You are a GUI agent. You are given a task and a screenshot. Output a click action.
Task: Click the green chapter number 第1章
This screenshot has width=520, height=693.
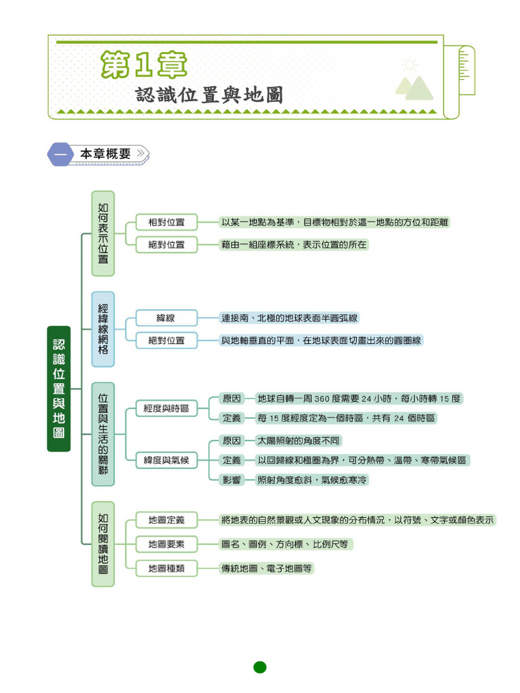tap(144, 66)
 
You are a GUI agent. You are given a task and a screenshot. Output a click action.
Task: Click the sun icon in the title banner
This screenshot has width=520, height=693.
tap(410, 65)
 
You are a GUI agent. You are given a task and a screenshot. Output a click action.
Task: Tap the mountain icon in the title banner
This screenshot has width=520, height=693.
tap(414, 87)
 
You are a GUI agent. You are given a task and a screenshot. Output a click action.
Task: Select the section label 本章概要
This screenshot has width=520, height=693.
tap(105, 154)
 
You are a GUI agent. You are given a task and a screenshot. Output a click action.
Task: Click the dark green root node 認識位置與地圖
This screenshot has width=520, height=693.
tap(59, 388)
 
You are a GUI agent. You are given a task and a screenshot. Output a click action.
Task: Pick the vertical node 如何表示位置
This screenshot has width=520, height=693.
tap(103, 233)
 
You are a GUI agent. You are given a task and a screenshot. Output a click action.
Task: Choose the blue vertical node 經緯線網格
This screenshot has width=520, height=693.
tap(103, 329)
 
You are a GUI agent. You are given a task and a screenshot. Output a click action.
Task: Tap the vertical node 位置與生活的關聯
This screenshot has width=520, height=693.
tap(103, 434)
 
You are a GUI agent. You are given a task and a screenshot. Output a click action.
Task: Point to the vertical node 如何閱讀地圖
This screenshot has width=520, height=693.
tap(103, 543)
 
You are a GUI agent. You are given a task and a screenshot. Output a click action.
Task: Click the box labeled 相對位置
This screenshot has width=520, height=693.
tap(167, 222)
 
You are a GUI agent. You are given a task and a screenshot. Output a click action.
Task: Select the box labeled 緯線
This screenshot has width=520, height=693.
tap(167, 317)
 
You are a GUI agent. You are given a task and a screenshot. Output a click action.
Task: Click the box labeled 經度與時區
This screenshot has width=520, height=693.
tap(167, 408)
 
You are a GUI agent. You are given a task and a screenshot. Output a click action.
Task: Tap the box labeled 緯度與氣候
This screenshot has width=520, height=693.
tap(167, 460)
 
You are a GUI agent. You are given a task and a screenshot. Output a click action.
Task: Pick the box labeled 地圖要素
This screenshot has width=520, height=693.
tap(167, 544)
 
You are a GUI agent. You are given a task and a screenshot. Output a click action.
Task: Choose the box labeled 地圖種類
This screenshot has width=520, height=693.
tap(167, 568)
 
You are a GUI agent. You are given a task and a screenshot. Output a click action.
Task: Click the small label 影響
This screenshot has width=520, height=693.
tap(232, 480)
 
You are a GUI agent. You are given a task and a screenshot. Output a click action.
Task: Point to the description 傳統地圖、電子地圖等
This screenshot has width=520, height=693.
tap(267, 568)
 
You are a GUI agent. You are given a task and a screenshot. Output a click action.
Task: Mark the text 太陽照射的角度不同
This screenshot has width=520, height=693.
tap(298, 441)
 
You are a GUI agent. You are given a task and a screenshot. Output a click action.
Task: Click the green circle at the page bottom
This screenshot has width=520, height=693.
tap(260, 667)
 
